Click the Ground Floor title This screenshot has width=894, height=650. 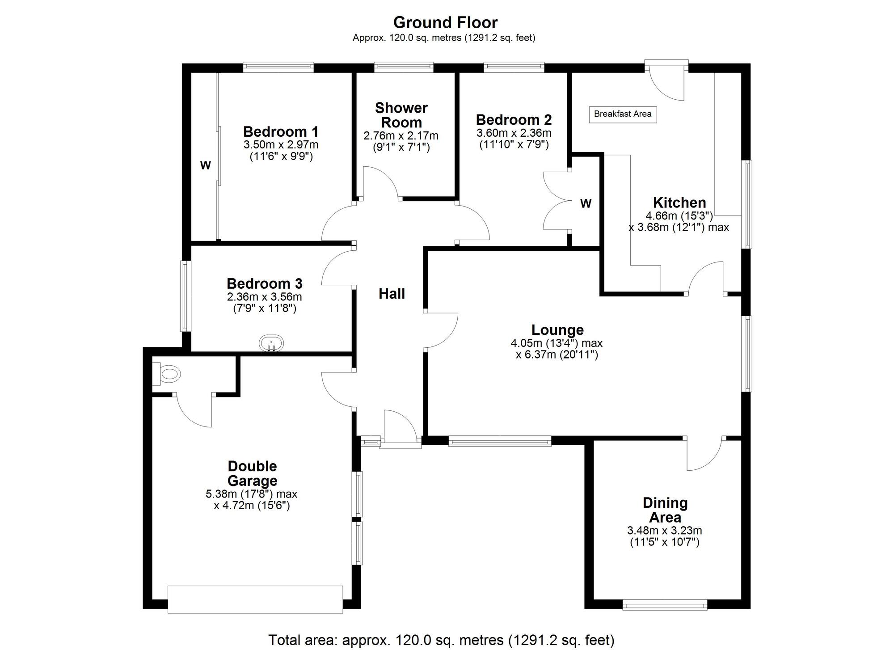click(445, 22)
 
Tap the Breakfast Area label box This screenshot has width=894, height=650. click(623, 114)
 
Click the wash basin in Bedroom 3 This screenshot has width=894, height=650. click(271, 344)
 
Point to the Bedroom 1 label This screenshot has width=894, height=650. click(281, 132)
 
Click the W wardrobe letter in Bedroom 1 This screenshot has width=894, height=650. click(205, 165)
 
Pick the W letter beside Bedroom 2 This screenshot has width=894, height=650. click(586, 204)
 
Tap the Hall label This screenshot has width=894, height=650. click(392, 294)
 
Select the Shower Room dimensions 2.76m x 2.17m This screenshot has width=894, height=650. click(401, 136)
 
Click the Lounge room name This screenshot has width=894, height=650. click(557, 330)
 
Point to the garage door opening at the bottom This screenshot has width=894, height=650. click(255, 599)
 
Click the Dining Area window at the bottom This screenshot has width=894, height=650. click(665, 606)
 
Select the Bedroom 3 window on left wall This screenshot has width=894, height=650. click(186, 296)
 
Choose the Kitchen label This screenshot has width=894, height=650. click(679, 203)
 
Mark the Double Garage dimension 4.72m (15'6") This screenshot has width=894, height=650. click(252, 506)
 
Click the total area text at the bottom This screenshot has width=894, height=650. click(441, 640)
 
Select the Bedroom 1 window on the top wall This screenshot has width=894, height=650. click(278, 68)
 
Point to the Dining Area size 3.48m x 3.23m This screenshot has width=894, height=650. click(664, 531)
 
